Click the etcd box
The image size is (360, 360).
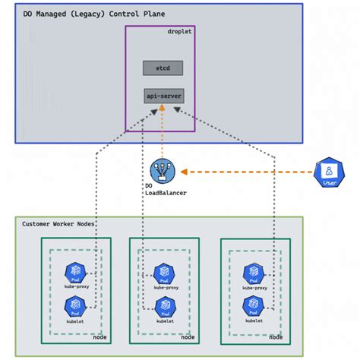[x=163, y=68]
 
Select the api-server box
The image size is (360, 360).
[x=163, y=96]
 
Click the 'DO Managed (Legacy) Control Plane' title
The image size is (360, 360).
[x=93, y=14]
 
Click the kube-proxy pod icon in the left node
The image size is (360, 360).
[x=75, y=272]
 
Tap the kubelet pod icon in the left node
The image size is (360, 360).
[x=75, y=305]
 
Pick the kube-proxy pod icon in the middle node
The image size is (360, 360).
[x=163, y=273]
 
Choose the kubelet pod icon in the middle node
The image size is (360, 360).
[x=163, y=305]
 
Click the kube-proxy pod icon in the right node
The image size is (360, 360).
[x=254, y=272]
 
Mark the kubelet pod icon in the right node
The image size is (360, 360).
[x=254, y=305]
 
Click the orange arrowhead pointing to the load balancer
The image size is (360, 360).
[x=182, y=172]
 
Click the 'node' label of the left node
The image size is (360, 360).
[x=99, y=336]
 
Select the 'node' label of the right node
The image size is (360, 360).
[x=276, y=336]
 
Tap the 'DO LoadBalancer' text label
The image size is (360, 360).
[x=165, y=189]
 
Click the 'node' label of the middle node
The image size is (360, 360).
[x=188, y=336]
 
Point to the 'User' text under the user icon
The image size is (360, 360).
[x=329, y=183]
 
